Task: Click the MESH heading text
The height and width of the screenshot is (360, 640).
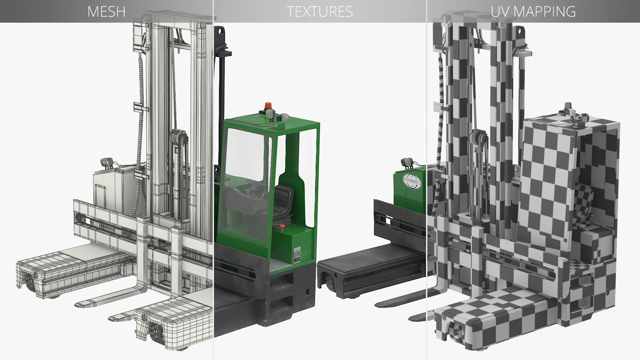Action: coord(106,12)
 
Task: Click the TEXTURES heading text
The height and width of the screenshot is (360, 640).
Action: coord(319,12)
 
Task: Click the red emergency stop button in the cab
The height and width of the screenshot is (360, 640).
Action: coord(282,227)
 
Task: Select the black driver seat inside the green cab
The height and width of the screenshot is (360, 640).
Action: coord(283,200)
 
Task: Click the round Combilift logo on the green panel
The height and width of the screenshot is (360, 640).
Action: coord(412,182)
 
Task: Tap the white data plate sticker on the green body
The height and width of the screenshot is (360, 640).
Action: coord(297,255)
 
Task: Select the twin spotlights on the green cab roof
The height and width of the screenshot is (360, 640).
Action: coord(277,116)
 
